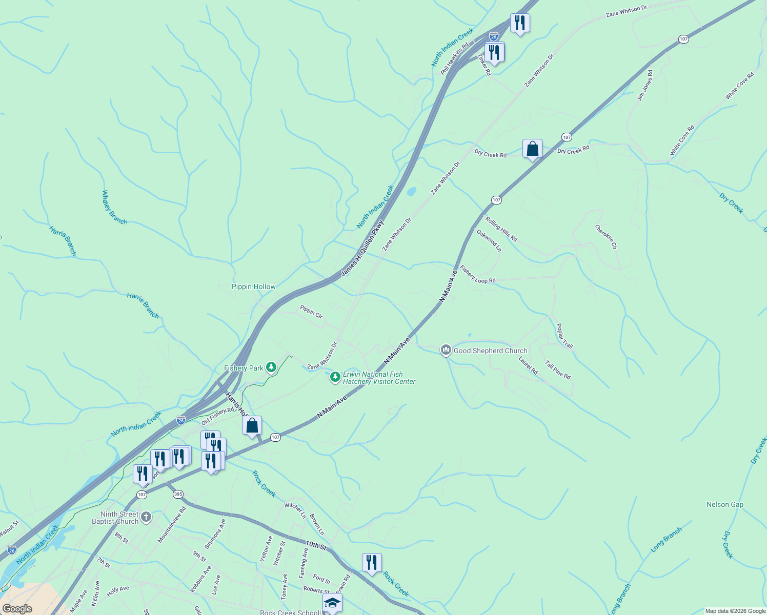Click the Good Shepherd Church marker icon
(x=446, y=351)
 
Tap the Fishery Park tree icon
(x=271, y=367)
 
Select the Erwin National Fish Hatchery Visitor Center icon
(x=335, y=378)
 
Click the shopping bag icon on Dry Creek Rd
(x=532, y=149)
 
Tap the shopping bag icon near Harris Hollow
(x=252, y=426)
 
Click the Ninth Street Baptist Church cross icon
(x=146, y=517)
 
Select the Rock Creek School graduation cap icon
(x=332, y=603)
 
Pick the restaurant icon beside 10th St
(x=372, y=563)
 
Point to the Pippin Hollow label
(x=253, y=287)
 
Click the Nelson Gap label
(x=724, y=505)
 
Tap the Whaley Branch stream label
(x=114, y=207)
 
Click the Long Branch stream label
(x=666, y=540)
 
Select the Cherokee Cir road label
(x=606, y=237)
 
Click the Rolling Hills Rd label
(x=501, y=230)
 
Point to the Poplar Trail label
(x=564, y=336)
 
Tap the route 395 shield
(x=178, y=495)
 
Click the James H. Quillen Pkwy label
(x=362, y=249)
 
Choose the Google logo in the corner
(x=17, y=609)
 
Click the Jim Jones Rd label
(x=645, y=85)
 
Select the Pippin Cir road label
(x=311, y=312)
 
